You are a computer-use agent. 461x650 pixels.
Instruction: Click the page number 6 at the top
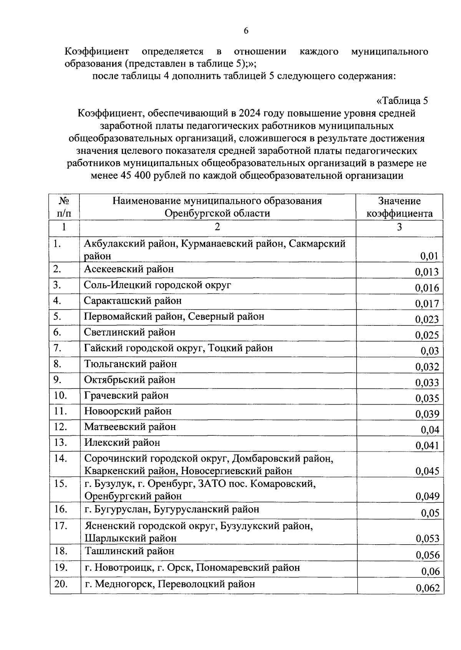point(246,31)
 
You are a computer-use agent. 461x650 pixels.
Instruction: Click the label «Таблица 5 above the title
point(402,101)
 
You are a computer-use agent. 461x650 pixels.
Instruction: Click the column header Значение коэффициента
point(399,207)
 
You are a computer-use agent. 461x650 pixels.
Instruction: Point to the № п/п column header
point(64,207)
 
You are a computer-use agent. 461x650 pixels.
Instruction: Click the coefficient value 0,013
point(426,272)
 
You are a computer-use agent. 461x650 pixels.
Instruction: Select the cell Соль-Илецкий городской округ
point(158,285)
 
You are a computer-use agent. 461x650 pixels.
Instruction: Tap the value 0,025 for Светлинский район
point(426,335)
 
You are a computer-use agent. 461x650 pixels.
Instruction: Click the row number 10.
point(60,395)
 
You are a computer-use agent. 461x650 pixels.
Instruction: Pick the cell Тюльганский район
point(131,364)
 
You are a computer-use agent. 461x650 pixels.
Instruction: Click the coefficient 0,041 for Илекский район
point(427,446)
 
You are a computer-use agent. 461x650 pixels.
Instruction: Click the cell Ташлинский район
point(129,551)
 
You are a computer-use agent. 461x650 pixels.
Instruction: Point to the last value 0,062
point(427,588)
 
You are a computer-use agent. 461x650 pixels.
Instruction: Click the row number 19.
point(61,568)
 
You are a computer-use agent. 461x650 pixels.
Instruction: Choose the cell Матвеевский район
point(130,427)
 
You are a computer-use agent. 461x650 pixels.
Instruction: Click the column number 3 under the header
point(399,227)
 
